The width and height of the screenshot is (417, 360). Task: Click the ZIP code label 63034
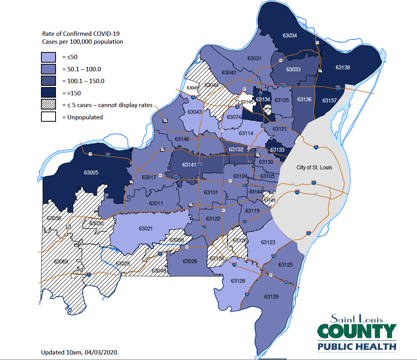[290, 35]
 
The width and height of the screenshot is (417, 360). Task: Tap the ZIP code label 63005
[91, 173]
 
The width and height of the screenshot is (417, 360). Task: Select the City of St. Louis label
[314, 167]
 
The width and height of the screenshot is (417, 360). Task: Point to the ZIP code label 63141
[189, 165]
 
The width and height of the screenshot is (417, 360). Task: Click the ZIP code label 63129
[271, 296]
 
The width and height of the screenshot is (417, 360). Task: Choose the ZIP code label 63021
[146, 228]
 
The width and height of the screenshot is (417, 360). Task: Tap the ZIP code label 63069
[61, 262]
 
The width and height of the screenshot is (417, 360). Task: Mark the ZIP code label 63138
[343, 67]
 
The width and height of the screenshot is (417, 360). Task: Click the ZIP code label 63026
[190, 261]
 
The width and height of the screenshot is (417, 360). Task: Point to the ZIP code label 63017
[149, 177]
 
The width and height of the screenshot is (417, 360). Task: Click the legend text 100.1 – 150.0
[83, 81]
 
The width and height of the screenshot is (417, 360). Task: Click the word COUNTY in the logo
[357, 332]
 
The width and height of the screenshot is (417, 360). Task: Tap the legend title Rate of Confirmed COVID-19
[80, 34]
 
